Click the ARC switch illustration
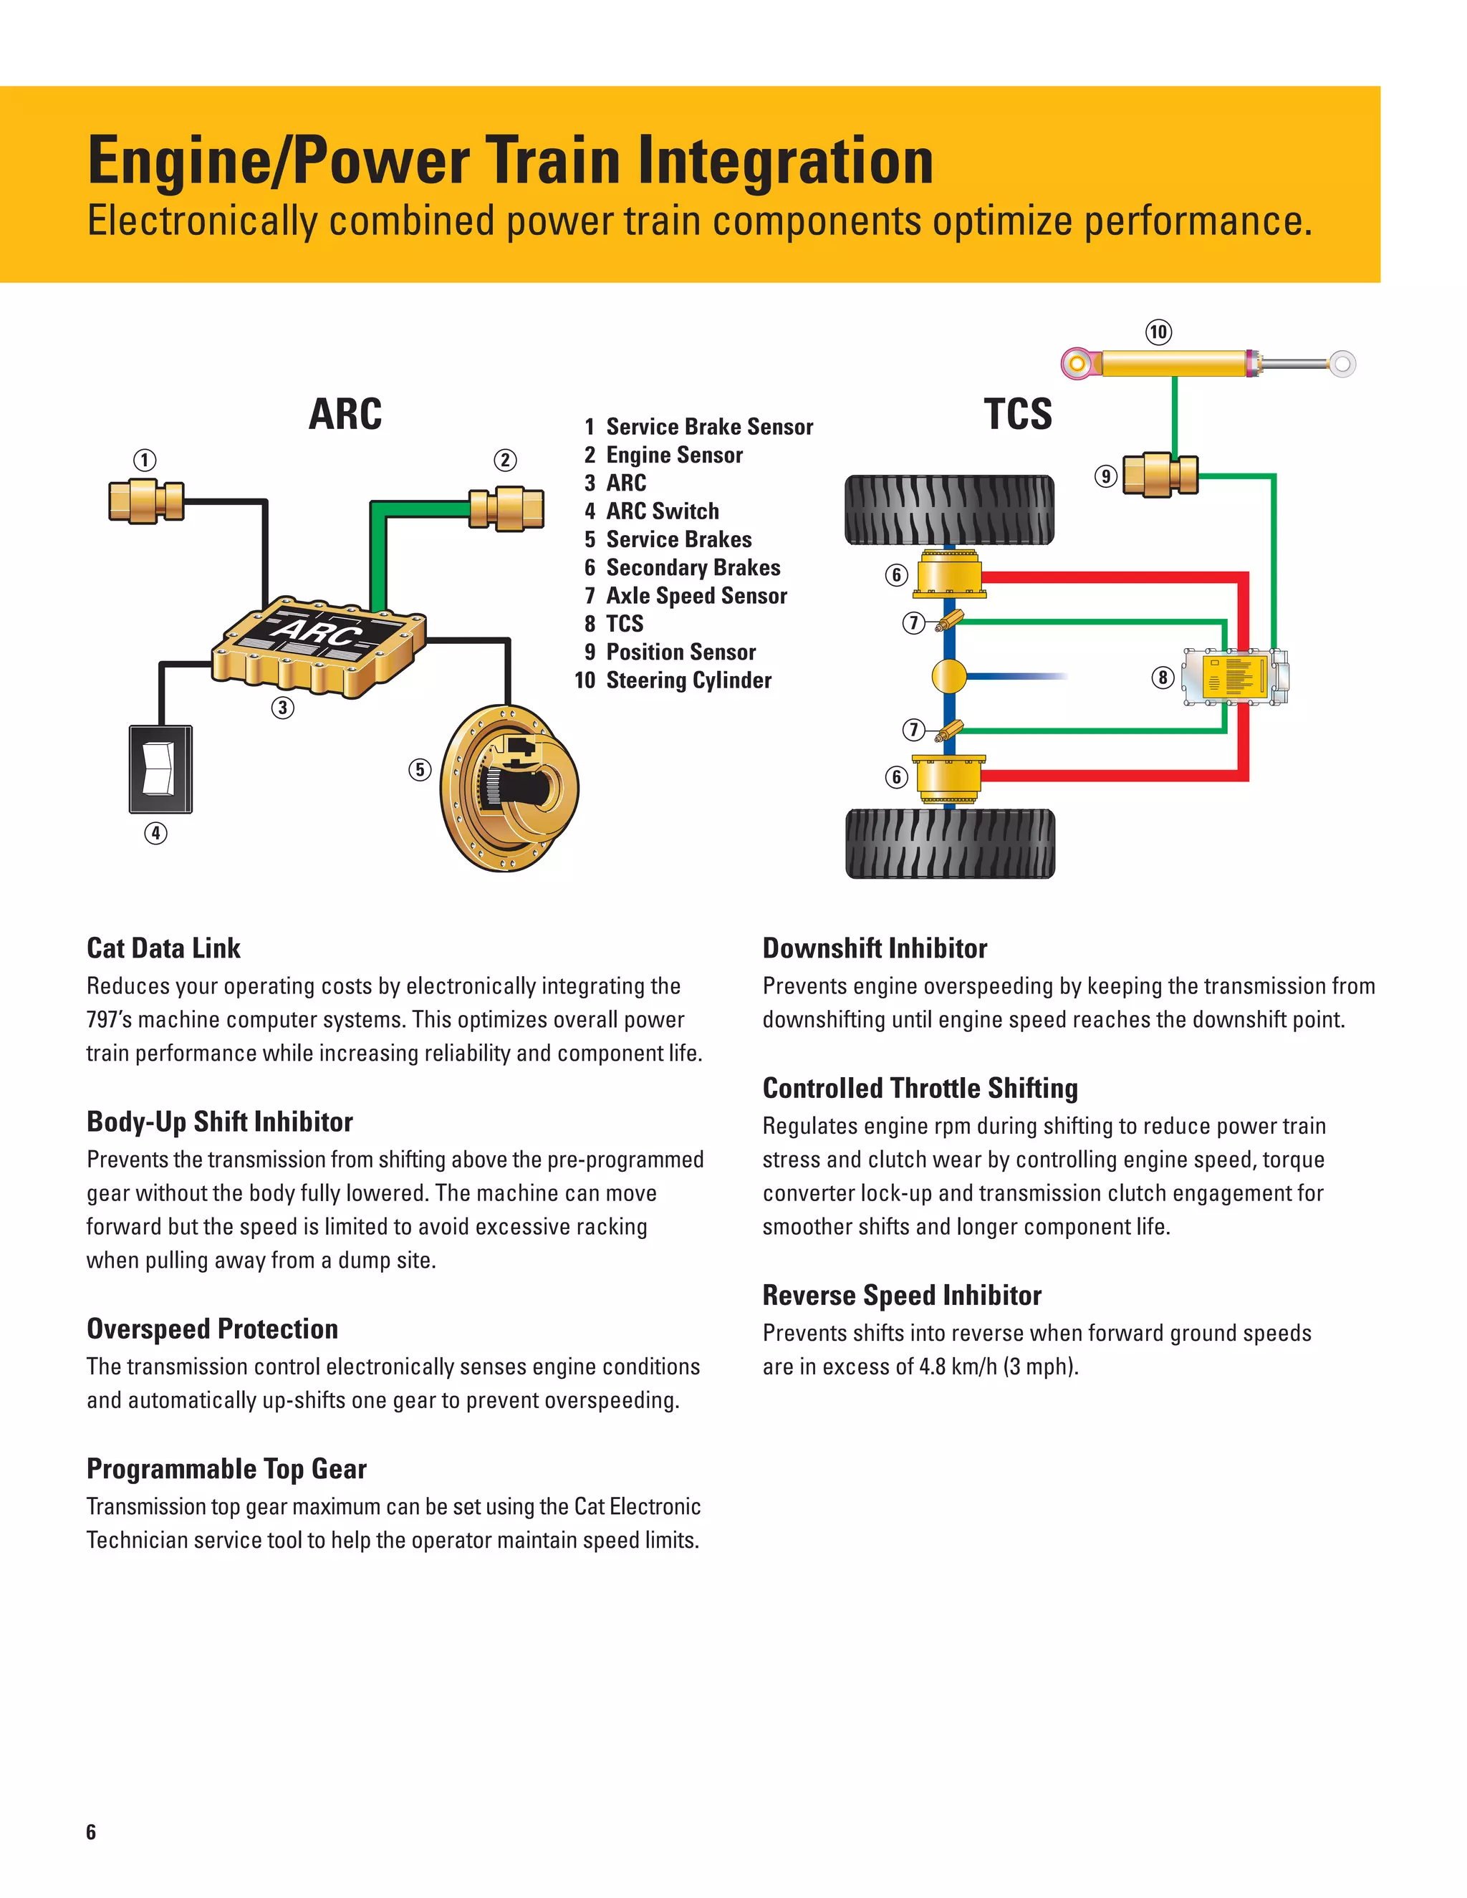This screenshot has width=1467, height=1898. [160, 769]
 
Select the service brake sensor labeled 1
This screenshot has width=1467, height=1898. [146, 501]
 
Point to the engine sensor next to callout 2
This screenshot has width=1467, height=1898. [506, 509]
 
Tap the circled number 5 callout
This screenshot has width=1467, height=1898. [420, 770]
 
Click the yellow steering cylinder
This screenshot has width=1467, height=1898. [1173, 363]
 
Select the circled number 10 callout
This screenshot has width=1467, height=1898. [1158, 332]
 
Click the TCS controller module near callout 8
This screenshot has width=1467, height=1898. [1236, 677]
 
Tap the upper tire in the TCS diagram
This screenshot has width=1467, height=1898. [949, 510]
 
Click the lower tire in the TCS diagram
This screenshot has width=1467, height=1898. [950, 843]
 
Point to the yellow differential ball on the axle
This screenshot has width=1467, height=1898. [949, 675]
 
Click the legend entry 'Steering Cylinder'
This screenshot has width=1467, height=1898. [688, 680]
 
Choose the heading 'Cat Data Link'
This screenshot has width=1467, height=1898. [163, 948]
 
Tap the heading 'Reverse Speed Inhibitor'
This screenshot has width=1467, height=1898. [901, 1296]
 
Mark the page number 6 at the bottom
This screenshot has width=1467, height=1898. [91, 1832]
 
